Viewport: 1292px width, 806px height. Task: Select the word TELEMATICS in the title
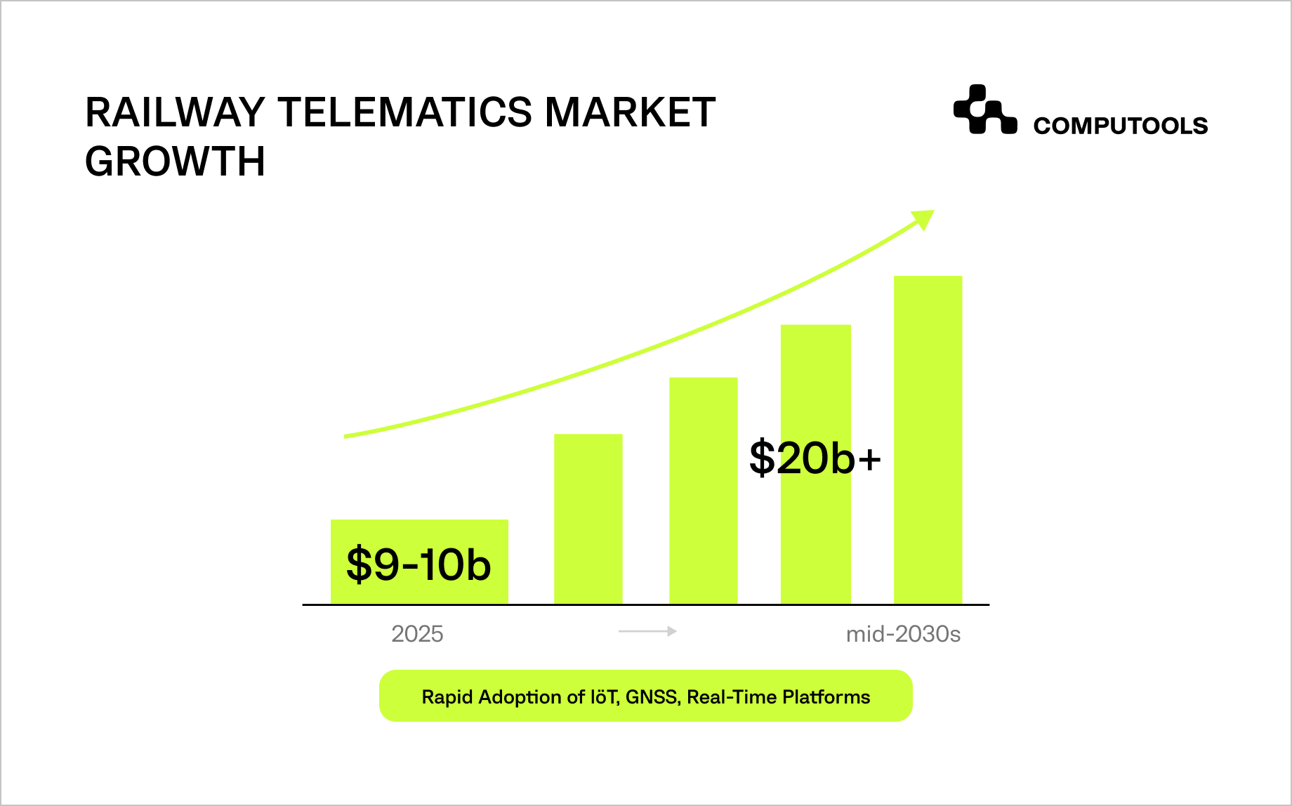tap(405, 112)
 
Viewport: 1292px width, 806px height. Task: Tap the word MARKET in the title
tap(630, 112)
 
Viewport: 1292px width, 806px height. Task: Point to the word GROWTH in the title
tap(175, 161)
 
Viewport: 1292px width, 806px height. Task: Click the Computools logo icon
tap(984, 110)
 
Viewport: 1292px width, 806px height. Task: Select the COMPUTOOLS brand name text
tap(1120, 126)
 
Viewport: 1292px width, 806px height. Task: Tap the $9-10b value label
tap(418, 564)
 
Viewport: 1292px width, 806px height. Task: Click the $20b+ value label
tap(815, 458)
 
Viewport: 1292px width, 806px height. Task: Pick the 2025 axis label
tap(417, 634)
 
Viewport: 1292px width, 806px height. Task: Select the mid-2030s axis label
tap(903, 634)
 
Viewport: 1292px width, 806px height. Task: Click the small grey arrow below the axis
tap(647, 631)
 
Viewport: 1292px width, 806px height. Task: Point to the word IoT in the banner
tap(604, 697)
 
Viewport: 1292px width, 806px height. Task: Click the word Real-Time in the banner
tap(731, 697)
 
